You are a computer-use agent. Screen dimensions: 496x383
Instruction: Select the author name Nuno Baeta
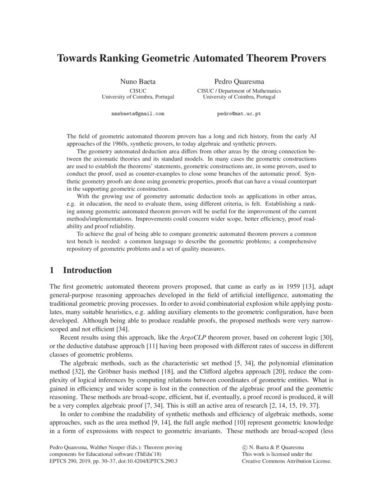pyautogui.click(x=137, y=82)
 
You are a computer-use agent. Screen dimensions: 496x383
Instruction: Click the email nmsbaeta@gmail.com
pyautogui.click(x=137, y=114)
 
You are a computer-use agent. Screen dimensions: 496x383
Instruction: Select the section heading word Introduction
pyautogui.click(x=87, y=271)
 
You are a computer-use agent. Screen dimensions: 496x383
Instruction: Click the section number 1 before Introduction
pyautogui.click(x=52, y=271)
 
